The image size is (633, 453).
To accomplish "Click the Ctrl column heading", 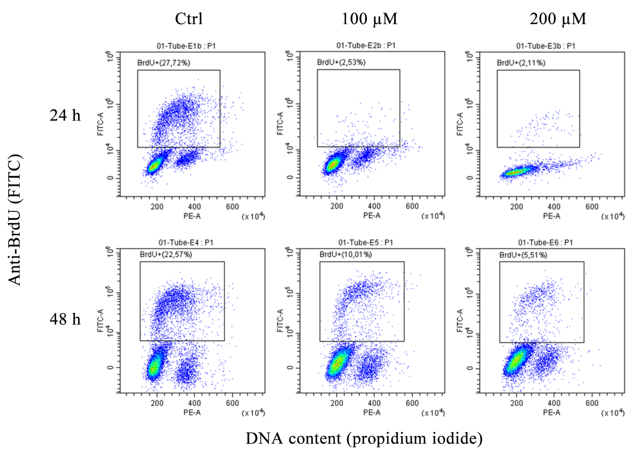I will pyautogui.click(x=189, y=19).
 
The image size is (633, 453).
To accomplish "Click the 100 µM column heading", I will pyautogui.click(x=370, y=19).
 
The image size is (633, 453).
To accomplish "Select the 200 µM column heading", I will pyautogui.click(x=558, y=19).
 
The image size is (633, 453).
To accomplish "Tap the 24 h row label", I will pyautogui.click(x=65, y=115).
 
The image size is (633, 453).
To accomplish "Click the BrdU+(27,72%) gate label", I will pyautogui.click(x=164, y=63).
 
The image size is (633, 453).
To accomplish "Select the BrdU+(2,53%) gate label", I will pyautogui.click(x=341, y=62).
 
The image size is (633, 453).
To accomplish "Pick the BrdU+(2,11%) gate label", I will pyautogui.click(x=521, y=63).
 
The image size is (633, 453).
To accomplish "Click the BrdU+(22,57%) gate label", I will pyautogui.click(x=166, y=254).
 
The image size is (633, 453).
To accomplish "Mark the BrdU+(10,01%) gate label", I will pyautogui.click(x=346, y=254).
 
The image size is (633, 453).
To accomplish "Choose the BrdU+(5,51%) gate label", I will pyautogui.click(x=523, y=255).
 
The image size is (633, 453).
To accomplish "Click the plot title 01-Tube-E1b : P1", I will pyautogui.click(x=186, y=46).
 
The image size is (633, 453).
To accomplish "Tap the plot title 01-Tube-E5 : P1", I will pyautogui.click(x=366, y=242).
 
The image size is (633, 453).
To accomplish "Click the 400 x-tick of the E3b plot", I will pyautogui.click(x=554, y=207).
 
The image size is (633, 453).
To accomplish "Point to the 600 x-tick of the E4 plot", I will pyautogui.click(x=232, y=403).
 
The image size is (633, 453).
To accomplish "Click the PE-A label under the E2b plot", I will pyautogui.click(x=371, y=215).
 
